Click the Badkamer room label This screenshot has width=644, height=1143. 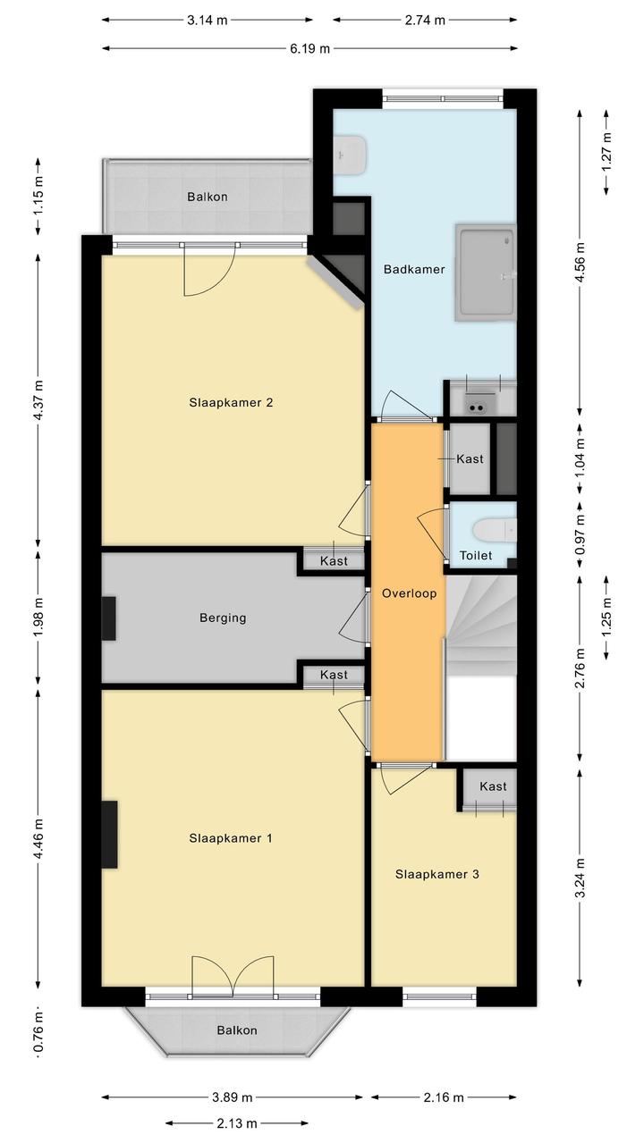pyautogui.click(x=413, y=269)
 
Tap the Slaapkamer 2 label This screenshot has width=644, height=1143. pyautogui.click(x=231, y=402)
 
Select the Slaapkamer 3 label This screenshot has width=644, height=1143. pyautogui.click(x=437, y=874)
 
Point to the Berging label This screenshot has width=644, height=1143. pyautogui.click(x=223, y=618)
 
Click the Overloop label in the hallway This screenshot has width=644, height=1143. pyautogui.click(x=409, y=593)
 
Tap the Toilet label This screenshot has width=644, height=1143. pyautogui.click(x=476, y=555)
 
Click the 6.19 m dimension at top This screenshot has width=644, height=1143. pyautogui.click(x=310, y=48)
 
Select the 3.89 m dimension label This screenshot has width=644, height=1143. pyautogui.click(x=233, y=1097)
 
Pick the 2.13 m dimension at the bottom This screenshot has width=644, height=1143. pyautogui.click(x=237, y=1123)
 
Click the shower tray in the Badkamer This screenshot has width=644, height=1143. pyautogui.click(x=485, y=273)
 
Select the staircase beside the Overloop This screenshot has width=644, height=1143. pyautogui.click(x=481, y=625)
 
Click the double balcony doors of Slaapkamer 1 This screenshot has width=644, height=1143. pyautogui.click(x=233, y=977)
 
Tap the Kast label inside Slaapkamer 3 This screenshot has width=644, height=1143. pyautogui.click(x=493, y=786)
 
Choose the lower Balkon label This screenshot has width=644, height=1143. pyautogui.click(x=236, y=1030)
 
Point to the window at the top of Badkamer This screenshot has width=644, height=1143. pyautogui.click(x=443, y=98)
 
